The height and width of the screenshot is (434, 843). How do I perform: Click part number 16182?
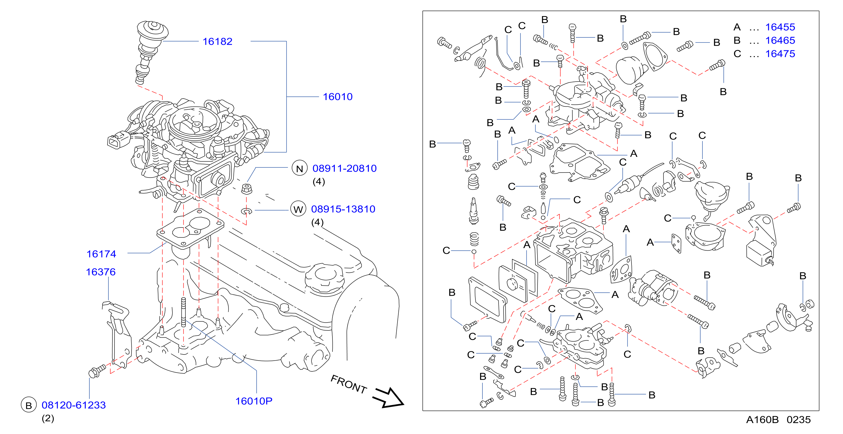coord(217,42)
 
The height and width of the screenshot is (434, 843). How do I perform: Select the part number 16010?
coord(337,97)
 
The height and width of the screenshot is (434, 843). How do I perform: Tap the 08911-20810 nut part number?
coord(344,168)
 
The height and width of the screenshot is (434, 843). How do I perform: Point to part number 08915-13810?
coord(343,209)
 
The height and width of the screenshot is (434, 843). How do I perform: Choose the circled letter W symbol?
coord(298,209)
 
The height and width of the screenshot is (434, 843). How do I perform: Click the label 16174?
coord(101,254)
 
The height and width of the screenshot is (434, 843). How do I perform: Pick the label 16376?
coord(100,272)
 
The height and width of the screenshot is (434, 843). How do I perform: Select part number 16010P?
coord(254,401)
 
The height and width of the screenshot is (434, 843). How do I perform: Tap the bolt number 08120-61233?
coord(74,405)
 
